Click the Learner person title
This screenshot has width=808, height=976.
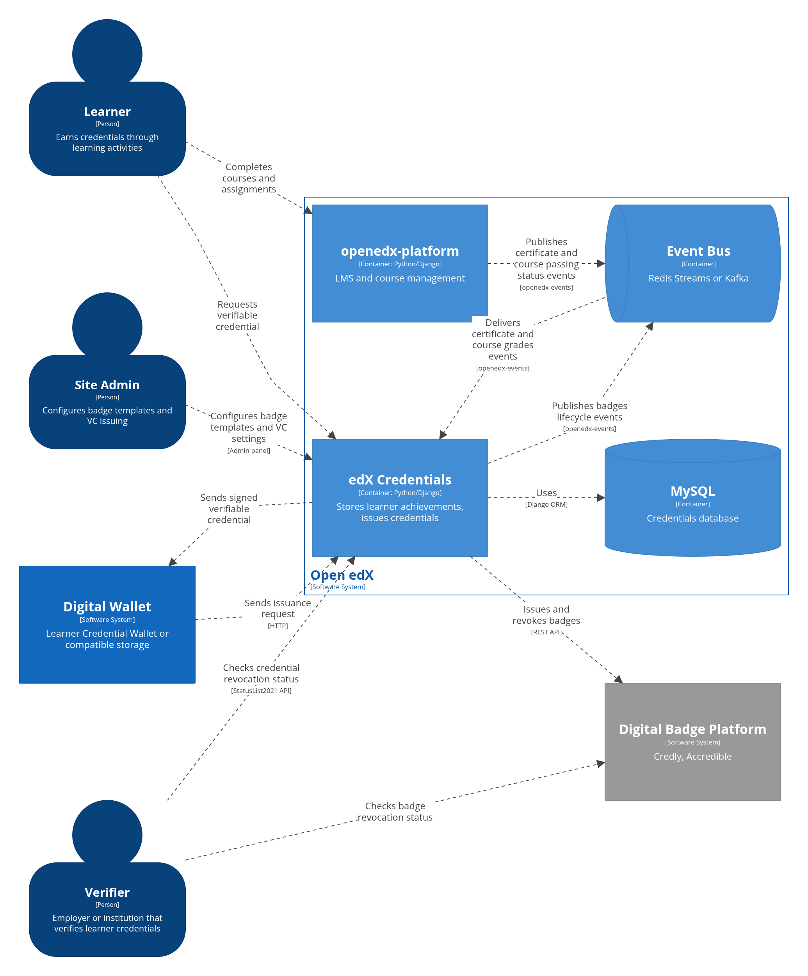[107, 112]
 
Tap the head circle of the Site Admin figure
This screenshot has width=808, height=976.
[107, 327]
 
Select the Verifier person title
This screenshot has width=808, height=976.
[107, 892]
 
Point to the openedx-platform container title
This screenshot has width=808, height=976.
[400, 251]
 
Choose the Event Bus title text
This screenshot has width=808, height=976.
[698, 251]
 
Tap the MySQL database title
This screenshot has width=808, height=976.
[692, 491]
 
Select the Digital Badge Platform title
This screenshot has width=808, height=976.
[692, 729]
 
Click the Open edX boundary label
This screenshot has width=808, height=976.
[342, 575]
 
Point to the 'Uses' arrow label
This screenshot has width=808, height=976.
[546, 493]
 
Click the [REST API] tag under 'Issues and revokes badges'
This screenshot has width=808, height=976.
[546, 632]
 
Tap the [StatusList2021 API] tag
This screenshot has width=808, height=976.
[261, 691]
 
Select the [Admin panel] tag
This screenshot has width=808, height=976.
[249, 451]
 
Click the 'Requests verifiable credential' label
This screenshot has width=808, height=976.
[237, 315]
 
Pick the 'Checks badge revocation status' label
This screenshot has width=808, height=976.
[395, 812]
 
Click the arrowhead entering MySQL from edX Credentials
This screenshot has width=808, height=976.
[601, 498]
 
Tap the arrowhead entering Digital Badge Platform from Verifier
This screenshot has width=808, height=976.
[601, 764]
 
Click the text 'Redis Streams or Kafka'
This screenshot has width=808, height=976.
[698, 278]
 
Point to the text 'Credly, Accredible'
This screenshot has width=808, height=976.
[692, 756]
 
